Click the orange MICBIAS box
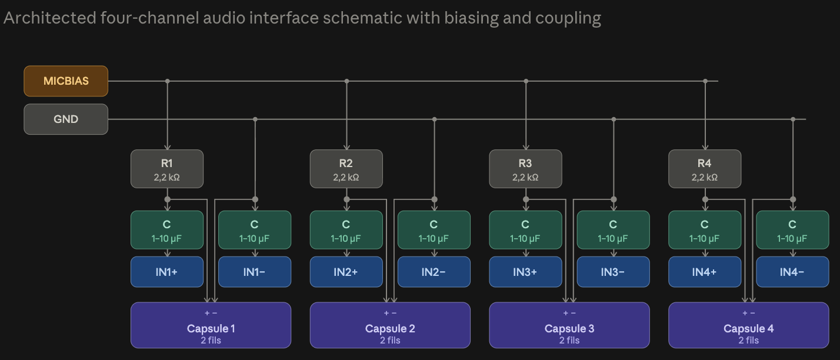click(66, 81)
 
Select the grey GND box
click(66, 119)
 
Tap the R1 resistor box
click(167, 169)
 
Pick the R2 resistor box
click(346, 169)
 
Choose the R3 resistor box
click(525, 169)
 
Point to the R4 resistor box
click(705, 169)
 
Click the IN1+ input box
click(167, 272)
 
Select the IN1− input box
click(255, 272)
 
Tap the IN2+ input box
click(346, 272)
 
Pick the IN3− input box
click(613, 272)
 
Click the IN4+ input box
click(705, 272)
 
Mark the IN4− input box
click(792, 272)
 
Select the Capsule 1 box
click(211, 325)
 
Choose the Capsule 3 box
click(569, 325)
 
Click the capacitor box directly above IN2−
click(434, 230)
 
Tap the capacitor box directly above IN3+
click(525, 230)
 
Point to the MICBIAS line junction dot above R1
click(167, 81)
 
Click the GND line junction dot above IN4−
click(793, 119)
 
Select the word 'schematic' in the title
click(362, 18)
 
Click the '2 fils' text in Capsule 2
click(390, 341)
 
